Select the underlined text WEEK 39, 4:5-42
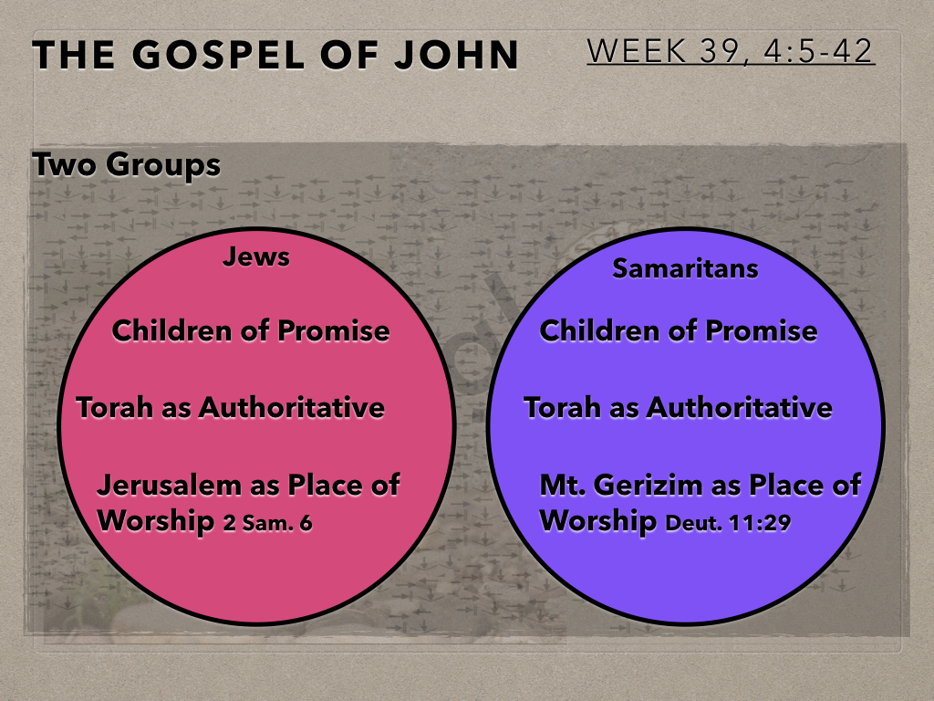tap(731, 51)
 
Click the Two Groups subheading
tap(126, 164)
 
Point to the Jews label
tap(256, 256)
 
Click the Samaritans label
tap(685, 268)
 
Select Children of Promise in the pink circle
tap(251, 330)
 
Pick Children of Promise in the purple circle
tap(679, 330)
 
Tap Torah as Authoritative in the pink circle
tap(231, 408)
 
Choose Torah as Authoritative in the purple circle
tap(678, 408)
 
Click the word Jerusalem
tap(169, 485)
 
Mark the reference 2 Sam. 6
tap(267, 523)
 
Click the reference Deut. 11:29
tap(728, 523)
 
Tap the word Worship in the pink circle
tap(155, 520)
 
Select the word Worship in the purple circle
tap(598, 520)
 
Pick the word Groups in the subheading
tap(163, 165)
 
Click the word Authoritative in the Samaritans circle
tap(739, 408)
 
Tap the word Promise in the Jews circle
tap(334, 330)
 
